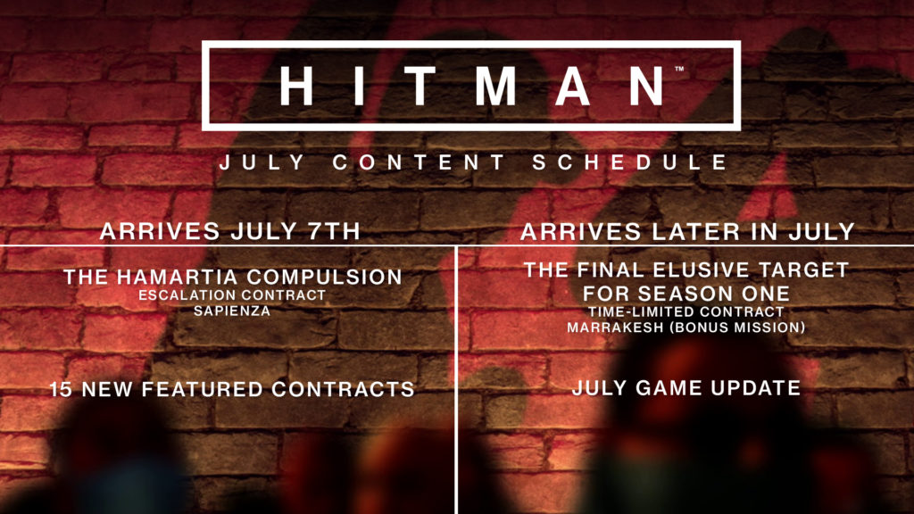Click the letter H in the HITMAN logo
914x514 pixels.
[296, 86]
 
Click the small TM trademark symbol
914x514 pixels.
[679, 70]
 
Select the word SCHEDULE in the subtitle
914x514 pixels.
[630, 162]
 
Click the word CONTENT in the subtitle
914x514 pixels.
[420, 162]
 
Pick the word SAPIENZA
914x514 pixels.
[232, 311]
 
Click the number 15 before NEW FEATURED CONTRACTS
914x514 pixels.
[61, 389]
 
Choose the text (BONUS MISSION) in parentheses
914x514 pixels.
[737, 327]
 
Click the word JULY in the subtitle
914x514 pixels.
[262, 162]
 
